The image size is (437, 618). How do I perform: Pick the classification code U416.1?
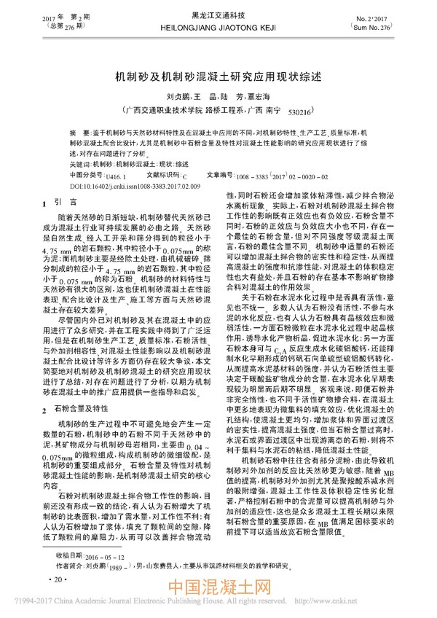point(115,176)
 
